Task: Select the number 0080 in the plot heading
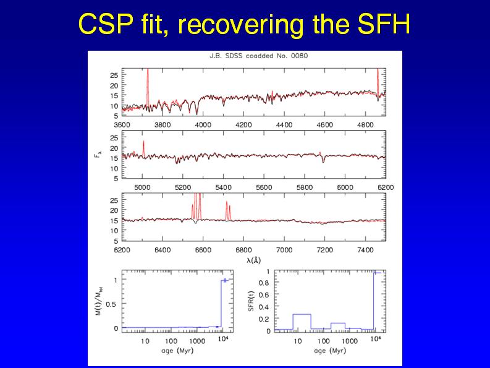pos(300,56)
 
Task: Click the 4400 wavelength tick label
pos(284,124)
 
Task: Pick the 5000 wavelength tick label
pos(143,186)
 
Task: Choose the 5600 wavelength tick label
pos(264,186)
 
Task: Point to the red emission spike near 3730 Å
pos(148,80)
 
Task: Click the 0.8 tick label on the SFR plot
pos(264,283)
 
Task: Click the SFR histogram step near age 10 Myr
pos(301,315)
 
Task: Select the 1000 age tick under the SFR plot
pos(350,341)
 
